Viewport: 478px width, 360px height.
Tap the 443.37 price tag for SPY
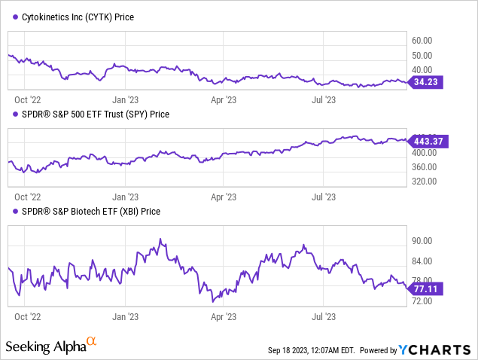click(x=429, y=140)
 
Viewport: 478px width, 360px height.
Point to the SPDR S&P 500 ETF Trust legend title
click(x=93, y=114)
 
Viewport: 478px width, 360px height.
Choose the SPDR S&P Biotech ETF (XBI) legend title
click(x=87, y=212)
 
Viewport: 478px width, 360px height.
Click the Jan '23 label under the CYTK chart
click(x=125, y=99)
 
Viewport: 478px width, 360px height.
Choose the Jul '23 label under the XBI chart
click(x=324, y=317)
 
